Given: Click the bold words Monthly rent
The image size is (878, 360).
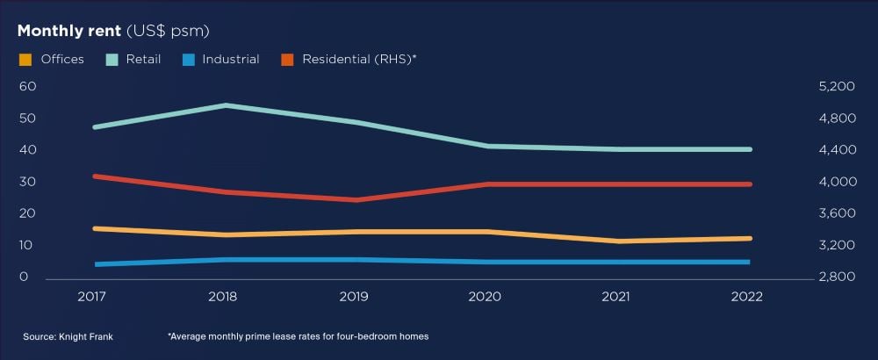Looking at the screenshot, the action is click(x=68, y=31).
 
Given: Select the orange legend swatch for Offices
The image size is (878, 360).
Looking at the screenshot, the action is click(x=25, y=60).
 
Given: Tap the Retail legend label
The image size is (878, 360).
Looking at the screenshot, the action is click(x=143, y=60).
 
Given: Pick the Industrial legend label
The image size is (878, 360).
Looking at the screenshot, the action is click(x=231, y=60).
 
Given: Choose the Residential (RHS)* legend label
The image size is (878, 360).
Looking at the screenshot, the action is click(x=359, y=60).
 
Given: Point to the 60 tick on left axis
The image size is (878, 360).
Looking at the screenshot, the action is click(x=27, y=86).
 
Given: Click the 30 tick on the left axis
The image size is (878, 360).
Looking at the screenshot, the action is click(x=27, y=182).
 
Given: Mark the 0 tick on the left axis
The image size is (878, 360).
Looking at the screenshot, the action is click(x=24, y=277).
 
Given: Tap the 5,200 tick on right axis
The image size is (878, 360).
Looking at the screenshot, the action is click(x=836, y=86).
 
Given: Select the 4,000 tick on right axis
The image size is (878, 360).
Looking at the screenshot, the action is click(x=836, y=182).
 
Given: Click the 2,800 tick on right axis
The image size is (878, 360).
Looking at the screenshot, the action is click(x=836, y=277).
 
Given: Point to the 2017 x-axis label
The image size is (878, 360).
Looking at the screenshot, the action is click(x=92, y=297).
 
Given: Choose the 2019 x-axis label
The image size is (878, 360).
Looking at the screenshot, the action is click(x=354, y=297).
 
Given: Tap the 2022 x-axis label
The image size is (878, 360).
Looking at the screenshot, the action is click(x=747, y=297).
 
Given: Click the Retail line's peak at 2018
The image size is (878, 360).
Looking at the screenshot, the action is click(x=225, y=104).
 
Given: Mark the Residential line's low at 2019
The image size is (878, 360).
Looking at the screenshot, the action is click(x=355, y=200).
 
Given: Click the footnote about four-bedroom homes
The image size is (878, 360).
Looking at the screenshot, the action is click(x=298, y=336).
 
